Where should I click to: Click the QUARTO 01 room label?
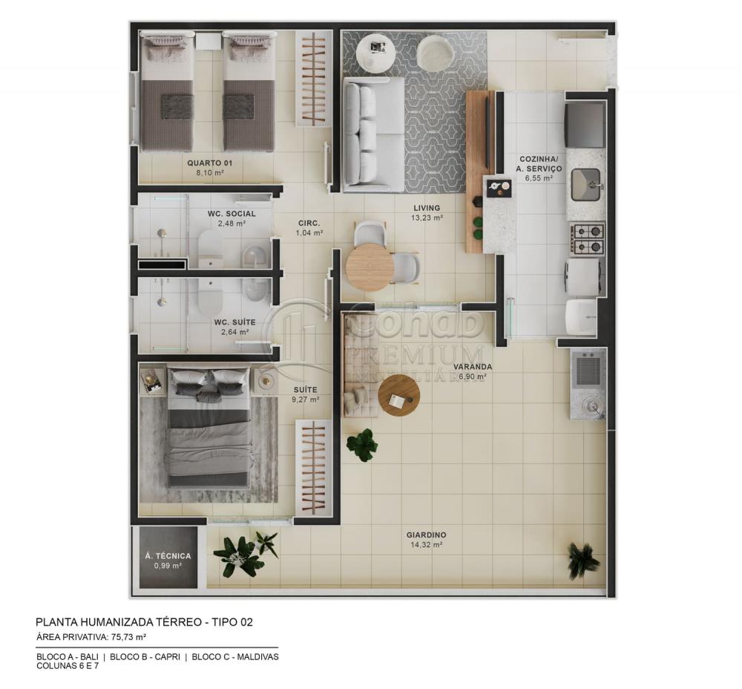(205, 162)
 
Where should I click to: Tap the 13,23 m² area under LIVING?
(427, 218)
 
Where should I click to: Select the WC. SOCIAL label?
(232, 214)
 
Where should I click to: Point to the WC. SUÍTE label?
(234, 322)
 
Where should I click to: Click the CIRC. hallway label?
(309, 223)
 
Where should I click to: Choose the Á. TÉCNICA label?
(168, 555)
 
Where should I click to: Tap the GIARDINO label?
(426, 535)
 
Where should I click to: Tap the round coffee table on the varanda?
(398, 396)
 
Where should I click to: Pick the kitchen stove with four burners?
(587, 238)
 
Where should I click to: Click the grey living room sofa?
(373, 134)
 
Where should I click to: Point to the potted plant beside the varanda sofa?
(363, 444)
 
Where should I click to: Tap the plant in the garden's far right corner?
(582, 558)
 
